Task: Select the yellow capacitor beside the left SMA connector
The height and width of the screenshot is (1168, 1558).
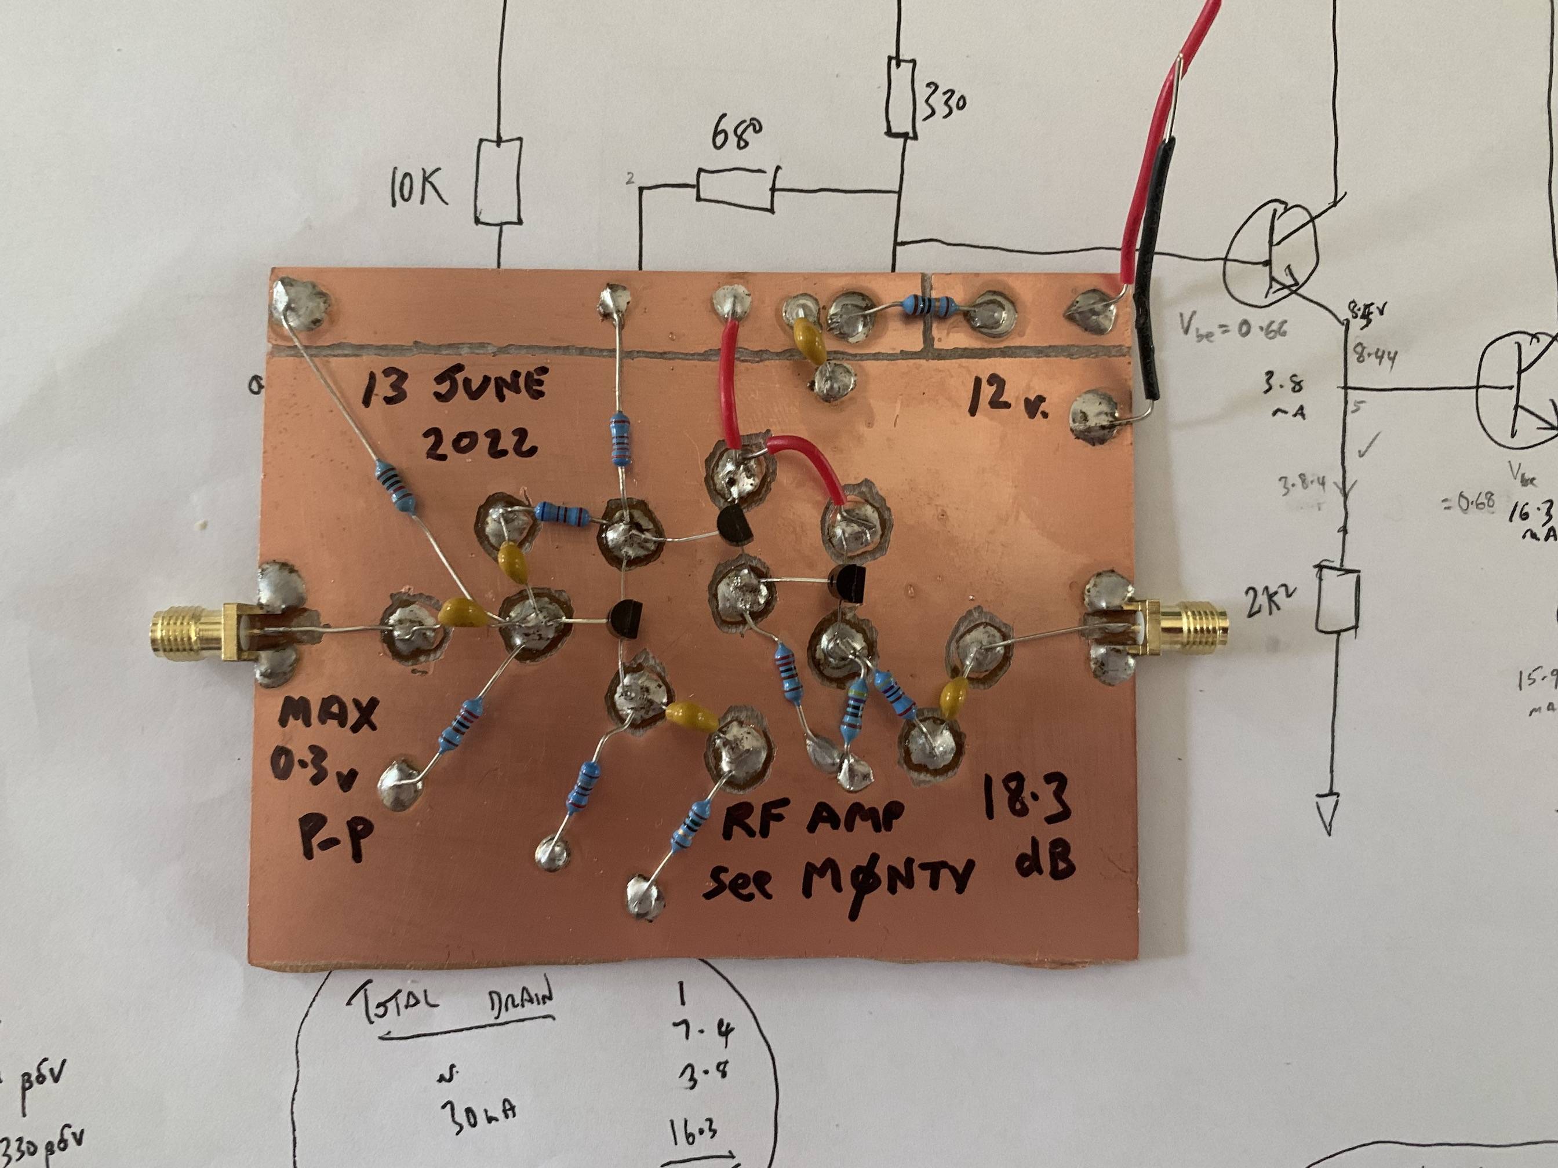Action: click(x=461, y=614)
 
